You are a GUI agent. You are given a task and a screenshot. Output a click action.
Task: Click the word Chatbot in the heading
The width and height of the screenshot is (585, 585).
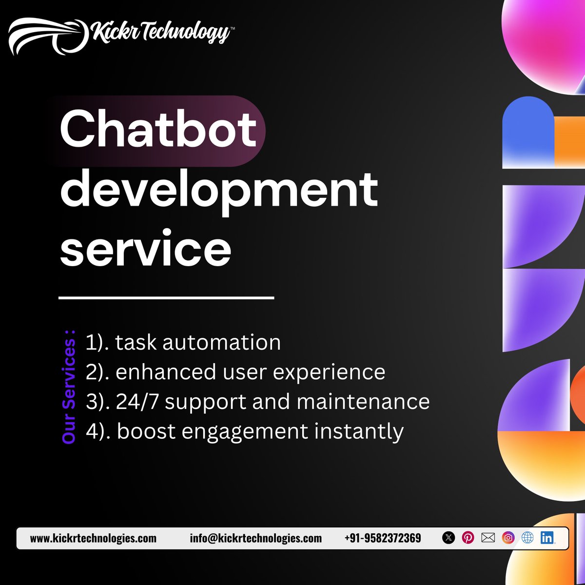(158, 129)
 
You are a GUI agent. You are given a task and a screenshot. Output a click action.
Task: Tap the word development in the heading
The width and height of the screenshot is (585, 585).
(219, 191)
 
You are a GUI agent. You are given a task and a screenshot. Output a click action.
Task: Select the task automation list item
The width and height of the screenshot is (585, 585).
(183, 342)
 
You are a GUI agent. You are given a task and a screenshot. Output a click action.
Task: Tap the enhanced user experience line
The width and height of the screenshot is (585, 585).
(235, 372)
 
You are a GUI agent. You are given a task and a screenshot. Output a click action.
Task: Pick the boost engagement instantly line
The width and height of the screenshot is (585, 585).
(245, 431)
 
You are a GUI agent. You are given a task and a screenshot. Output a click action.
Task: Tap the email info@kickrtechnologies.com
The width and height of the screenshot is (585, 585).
(256, 538)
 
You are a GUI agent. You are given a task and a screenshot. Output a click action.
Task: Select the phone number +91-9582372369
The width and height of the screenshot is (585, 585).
(383, 538)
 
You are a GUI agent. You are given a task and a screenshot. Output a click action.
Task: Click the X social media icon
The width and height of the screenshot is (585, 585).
(448, 538)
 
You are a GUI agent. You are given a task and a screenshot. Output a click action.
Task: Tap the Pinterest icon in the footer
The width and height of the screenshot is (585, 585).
(468, 538)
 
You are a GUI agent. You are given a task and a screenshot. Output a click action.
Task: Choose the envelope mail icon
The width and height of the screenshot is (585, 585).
(488, 538)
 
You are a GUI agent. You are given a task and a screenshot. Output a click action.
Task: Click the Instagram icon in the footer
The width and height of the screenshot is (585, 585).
(508, 538)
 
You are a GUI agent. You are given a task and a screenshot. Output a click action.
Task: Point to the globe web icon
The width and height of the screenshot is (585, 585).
(527, 538)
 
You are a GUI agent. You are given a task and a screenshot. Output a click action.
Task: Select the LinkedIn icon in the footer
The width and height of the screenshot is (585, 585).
(547, 538)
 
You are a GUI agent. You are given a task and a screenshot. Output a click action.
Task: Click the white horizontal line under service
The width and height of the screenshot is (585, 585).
(166, 297)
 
